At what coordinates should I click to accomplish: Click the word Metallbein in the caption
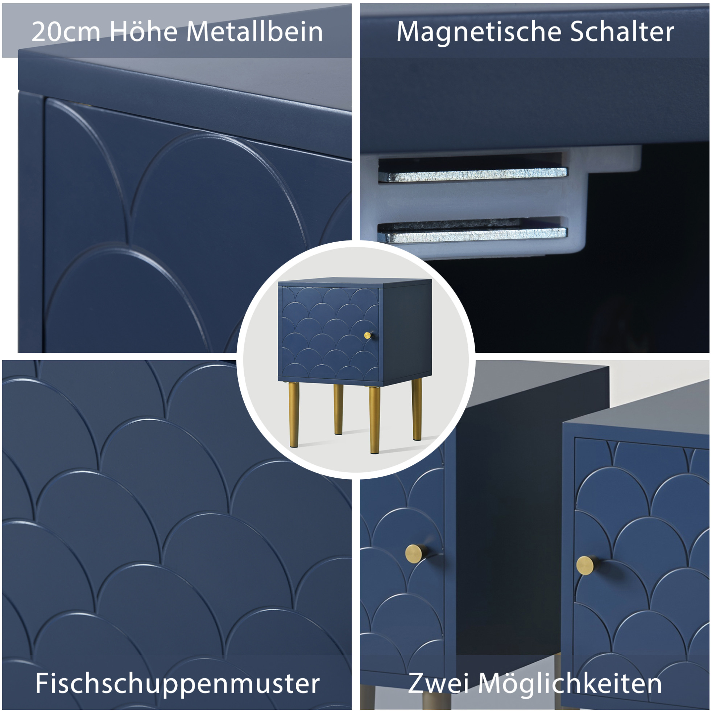coord(255,32)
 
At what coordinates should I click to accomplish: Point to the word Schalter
coord(622,32)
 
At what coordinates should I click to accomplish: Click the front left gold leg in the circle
coord(294,414)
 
